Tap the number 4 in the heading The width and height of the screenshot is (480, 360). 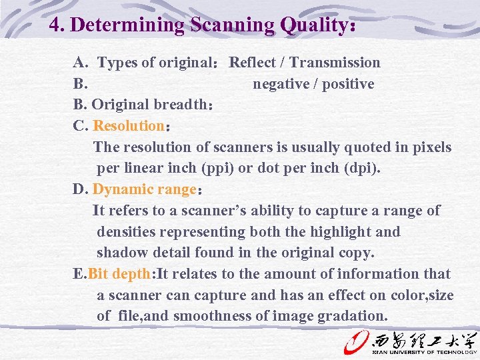pos(55,25)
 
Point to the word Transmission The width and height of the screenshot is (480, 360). pos(335,63)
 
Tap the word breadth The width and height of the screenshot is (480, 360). pos(181,105)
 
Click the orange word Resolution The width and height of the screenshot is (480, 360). pos(129,126)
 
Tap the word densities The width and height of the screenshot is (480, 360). pos(126,232)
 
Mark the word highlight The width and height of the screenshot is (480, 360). pos(339,232)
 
